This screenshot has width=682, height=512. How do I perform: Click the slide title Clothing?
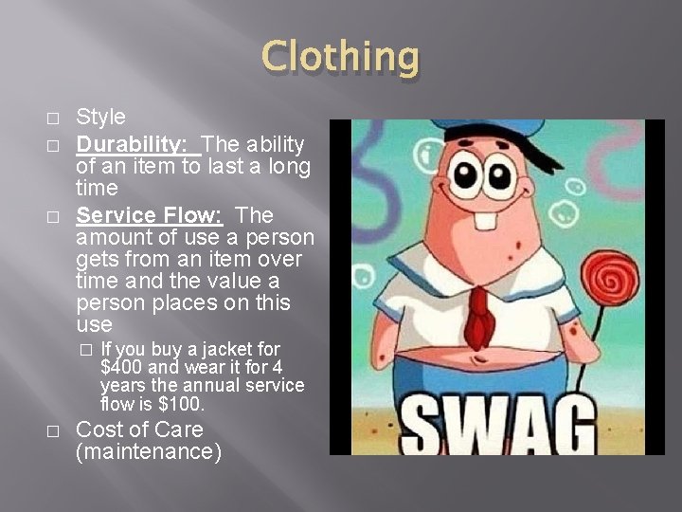[x=340, y=58]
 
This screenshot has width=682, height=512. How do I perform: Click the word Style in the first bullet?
[x=100, y=117]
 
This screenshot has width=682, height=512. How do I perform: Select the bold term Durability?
[x=135, y=144]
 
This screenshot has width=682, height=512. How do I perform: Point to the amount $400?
[x=117, y=367]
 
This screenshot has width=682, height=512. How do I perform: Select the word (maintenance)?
[x=148, y=452]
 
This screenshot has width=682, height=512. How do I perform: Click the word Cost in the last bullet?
[x=98, y=430]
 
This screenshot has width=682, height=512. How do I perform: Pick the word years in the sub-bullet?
[x=123, y=385]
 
